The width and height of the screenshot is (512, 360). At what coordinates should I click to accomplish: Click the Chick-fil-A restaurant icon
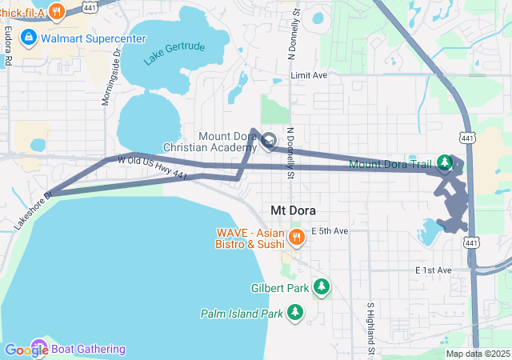coord(56,11)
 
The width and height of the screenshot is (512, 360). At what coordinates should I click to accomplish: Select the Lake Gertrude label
coord(174,53)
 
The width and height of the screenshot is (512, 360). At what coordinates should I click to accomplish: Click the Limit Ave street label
coord(310,75)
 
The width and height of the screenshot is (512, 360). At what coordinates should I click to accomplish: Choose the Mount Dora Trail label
coord(394,165)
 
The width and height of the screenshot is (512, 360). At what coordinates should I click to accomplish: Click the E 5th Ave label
coord(330,231)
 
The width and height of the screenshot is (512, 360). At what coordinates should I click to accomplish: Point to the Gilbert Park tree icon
coord(322,286)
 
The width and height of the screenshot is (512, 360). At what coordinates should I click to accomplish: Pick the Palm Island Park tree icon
coord(296,311)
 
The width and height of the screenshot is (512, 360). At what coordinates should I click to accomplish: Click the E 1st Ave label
coord(434,270)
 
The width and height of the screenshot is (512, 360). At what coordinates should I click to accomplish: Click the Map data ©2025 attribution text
coord(478,354)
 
